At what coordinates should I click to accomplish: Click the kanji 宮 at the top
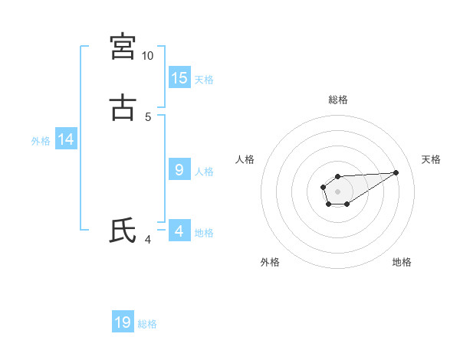click(x=123, y=47)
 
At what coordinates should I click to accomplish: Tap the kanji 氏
click(x=123, y=231)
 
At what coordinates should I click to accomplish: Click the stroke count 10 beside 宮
click(x=148, y=56)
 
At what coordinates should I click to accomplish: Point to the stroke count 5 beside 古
click(x=148, y=117)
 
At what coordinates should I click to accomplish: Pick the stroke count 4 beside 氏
click(x=148, y=240)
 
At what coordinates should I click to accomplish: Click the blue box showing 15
click(x=179, y=78)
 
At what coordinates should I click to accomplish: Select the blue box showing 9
click(x=179, y=170)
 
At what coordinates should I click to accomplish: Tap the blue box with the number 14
click(x=66, y=139)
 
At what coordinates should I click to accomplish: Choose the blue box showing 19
click(x=123, y=322)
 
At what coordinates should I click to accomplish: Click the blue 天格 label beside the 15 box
click(x=204, y=79)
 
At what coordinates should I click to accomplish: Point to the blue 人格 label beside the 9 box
click(x=204, y=171)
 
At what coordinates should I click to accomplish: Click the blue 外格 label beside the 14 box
click(x=41, y=140)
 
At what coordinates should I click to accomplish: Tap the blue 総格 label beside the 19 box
click(x=147, y=323)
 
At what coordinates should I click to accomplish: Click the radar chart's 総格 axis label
click(x=338, y=100)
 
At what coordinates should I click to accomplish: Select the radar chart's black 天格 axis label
click(x=432, y=159)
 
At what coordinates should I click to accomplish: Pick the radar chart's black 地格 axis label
click(x=402, y=262)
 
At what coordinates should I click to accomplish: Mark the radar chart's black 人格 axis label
click(x=245, y=159)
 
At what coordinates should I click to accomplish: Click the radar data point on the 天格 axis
click(x=396, y=172)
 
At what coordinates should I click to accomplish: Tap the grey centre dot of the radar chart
click(x=337, y=191)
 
